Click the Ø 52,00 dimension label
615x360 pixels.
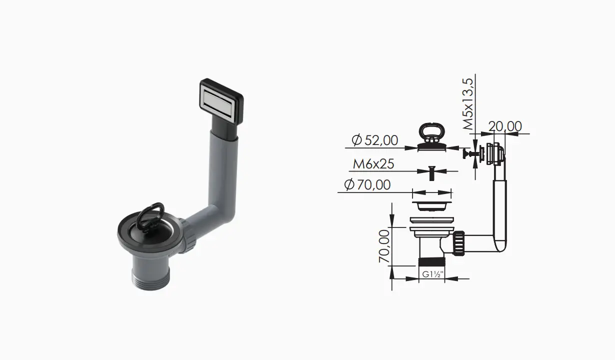pos(375,140)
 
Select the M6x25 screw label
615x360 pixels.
pos(373,164)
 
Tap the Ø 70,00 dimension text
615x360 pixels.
pos(367,184)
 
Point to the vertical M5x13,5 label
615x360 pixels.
pos(468,104)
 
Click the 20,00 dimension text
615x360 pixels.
pos(505,126)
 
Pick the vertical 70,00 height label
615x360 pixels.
pos(384,246)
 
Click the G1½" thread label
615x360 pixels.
pos(432,274)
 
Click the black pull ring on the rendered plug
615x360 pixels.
pos(150,217)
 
